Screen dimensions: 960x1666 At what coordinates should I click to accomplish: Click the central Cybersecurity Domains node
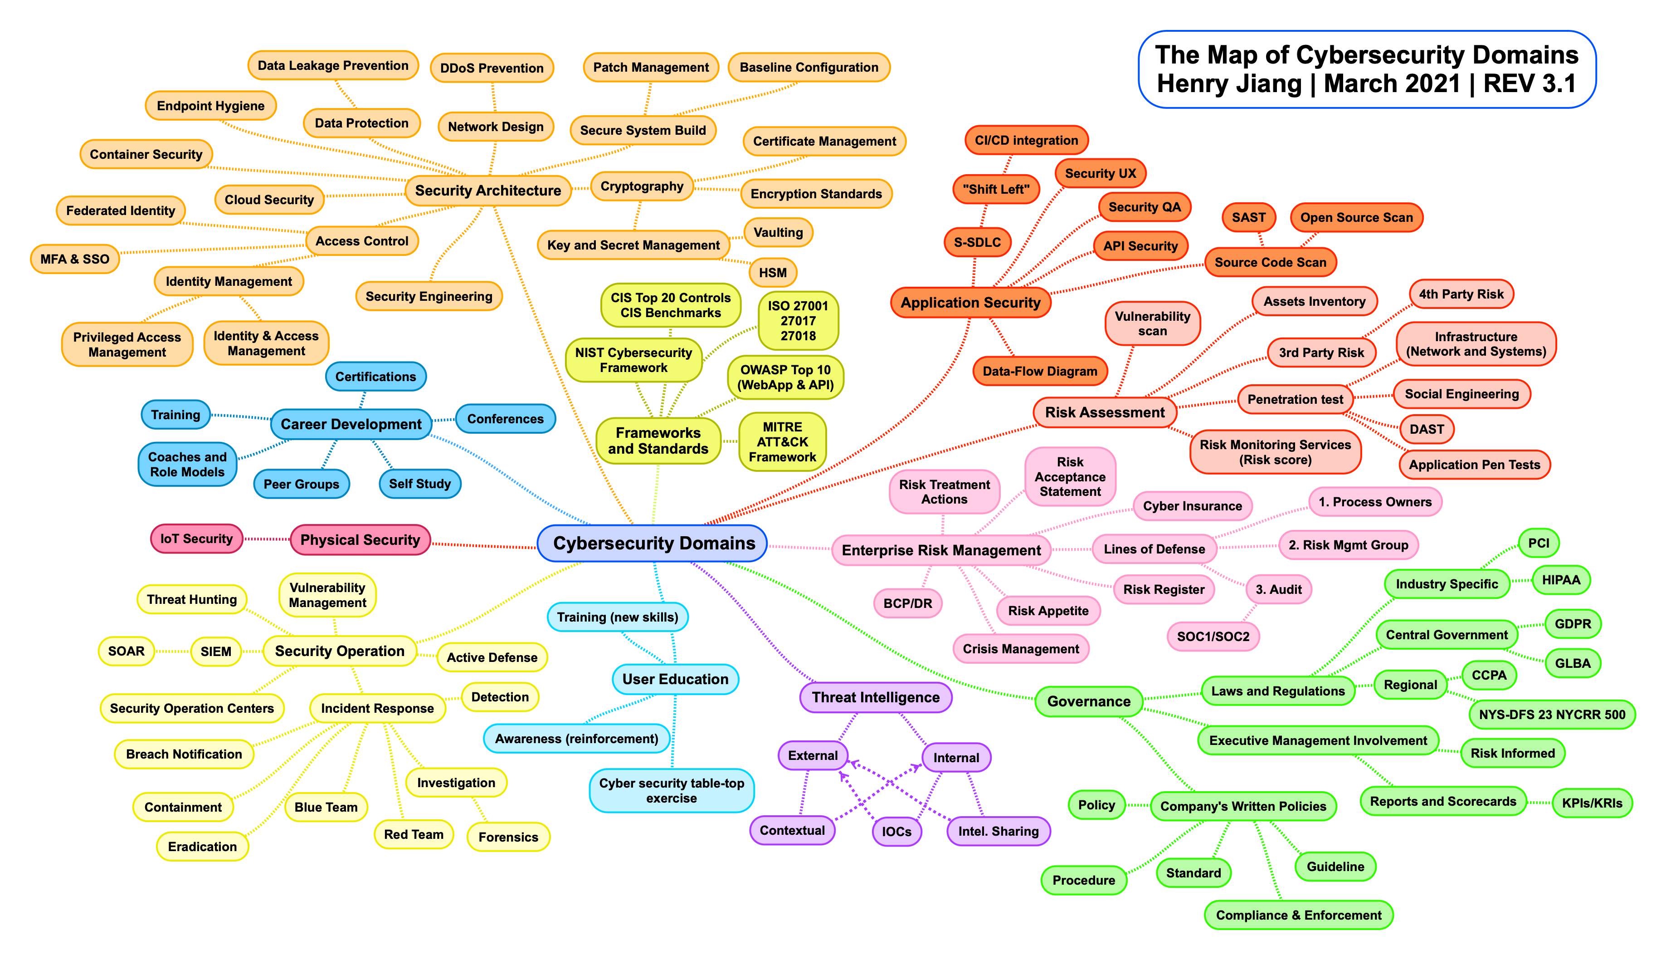[x=653, y=544]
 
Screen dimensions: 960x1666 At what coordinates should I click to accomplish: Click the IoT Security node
[x=196, y=539]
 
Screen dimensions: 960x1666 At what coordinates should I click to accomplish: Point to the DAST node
[x=1426, y=429]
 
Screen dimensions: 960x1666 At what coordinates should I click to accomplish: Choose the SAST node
[x=1248, y=218]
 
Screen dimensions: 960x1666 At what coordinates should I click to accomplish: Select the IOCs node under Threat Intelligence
[x=896, y=832]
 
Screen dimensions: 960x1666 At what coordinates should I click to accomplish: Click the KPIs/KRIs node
[x=1592, y=803]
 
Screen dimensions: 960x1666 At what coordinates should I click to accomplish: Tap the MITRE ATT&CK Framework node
[x=782, y=442]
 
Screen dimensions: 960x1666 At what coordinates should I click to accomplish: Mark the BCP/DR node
[x=907, y=603]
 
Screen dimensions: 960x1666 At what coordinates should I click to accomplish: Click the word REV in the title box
[x=1509, y=84]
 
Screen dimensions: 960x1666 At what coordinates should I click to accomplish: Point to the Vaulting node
[x=778, y=233]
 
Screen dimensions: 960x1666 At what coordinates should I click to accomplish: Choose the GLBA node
[x=1573, y=663]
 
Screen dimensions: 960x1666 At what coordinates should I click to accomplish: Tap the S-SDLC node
[x=977, y=242]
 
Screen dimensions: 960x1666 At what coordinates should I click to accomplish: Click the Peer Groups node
[x=301, y=484]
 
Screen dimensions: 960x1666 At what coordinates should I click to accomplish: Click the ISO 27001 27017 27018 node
[x=798, y=320]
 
